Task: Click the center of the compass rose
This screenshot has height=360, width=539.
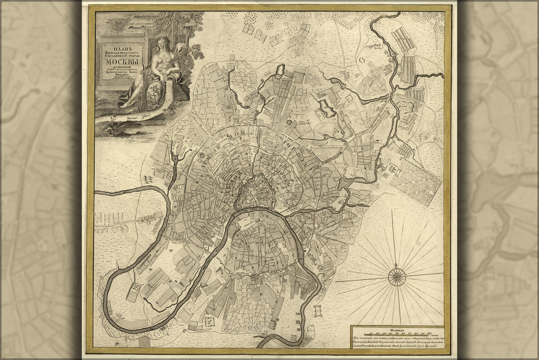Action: tap(397, 277)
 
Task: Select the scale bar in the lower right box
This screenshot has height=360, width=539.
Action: tap(396, 333)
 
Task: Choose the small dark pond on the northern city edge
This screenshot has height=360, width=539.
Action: tap(281, 69)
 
